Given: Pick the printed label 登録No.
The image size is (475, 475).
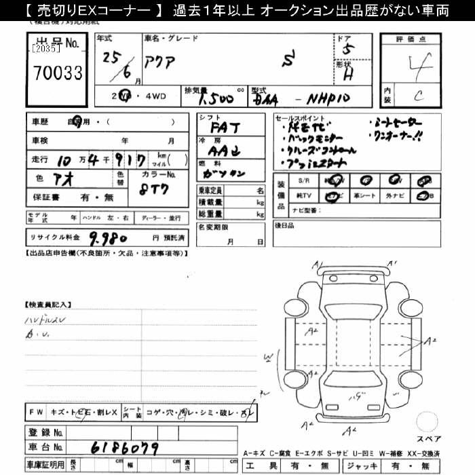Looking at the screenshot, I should click(x=45, y=432).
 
